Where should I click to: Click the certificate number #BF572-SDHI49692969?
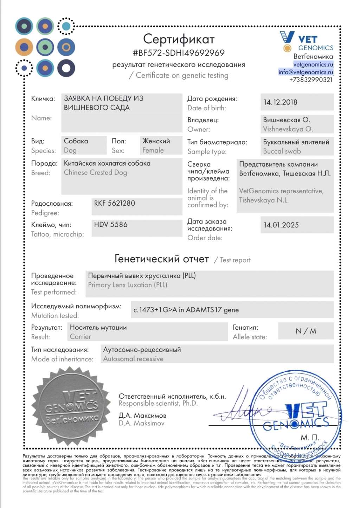179,53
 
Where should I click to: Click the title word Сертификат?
179,39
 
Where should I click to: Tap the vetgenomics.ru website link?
313,64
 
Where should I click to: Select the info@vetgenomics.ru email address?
306,72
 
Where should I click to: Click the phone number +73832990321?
310,80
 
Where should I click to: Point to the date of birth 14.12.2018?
280,102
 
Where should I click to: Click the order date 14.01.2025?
281,225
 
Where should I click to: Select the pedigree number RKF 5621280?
114,203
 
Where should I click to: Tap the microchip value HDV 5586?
110,225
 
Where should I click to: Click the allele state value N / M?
306,331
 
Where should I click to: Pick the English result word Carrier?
80,337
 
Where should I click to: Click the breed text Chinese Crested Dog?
95,173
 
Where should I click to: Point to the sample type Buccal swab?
282,151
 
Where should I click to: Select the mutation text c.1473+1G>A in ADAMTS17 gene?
186,310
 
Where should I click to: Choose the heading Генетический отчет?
162,259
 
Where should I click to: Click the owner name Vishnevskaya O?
288,129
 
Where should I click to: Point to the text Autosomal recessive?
133,359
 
